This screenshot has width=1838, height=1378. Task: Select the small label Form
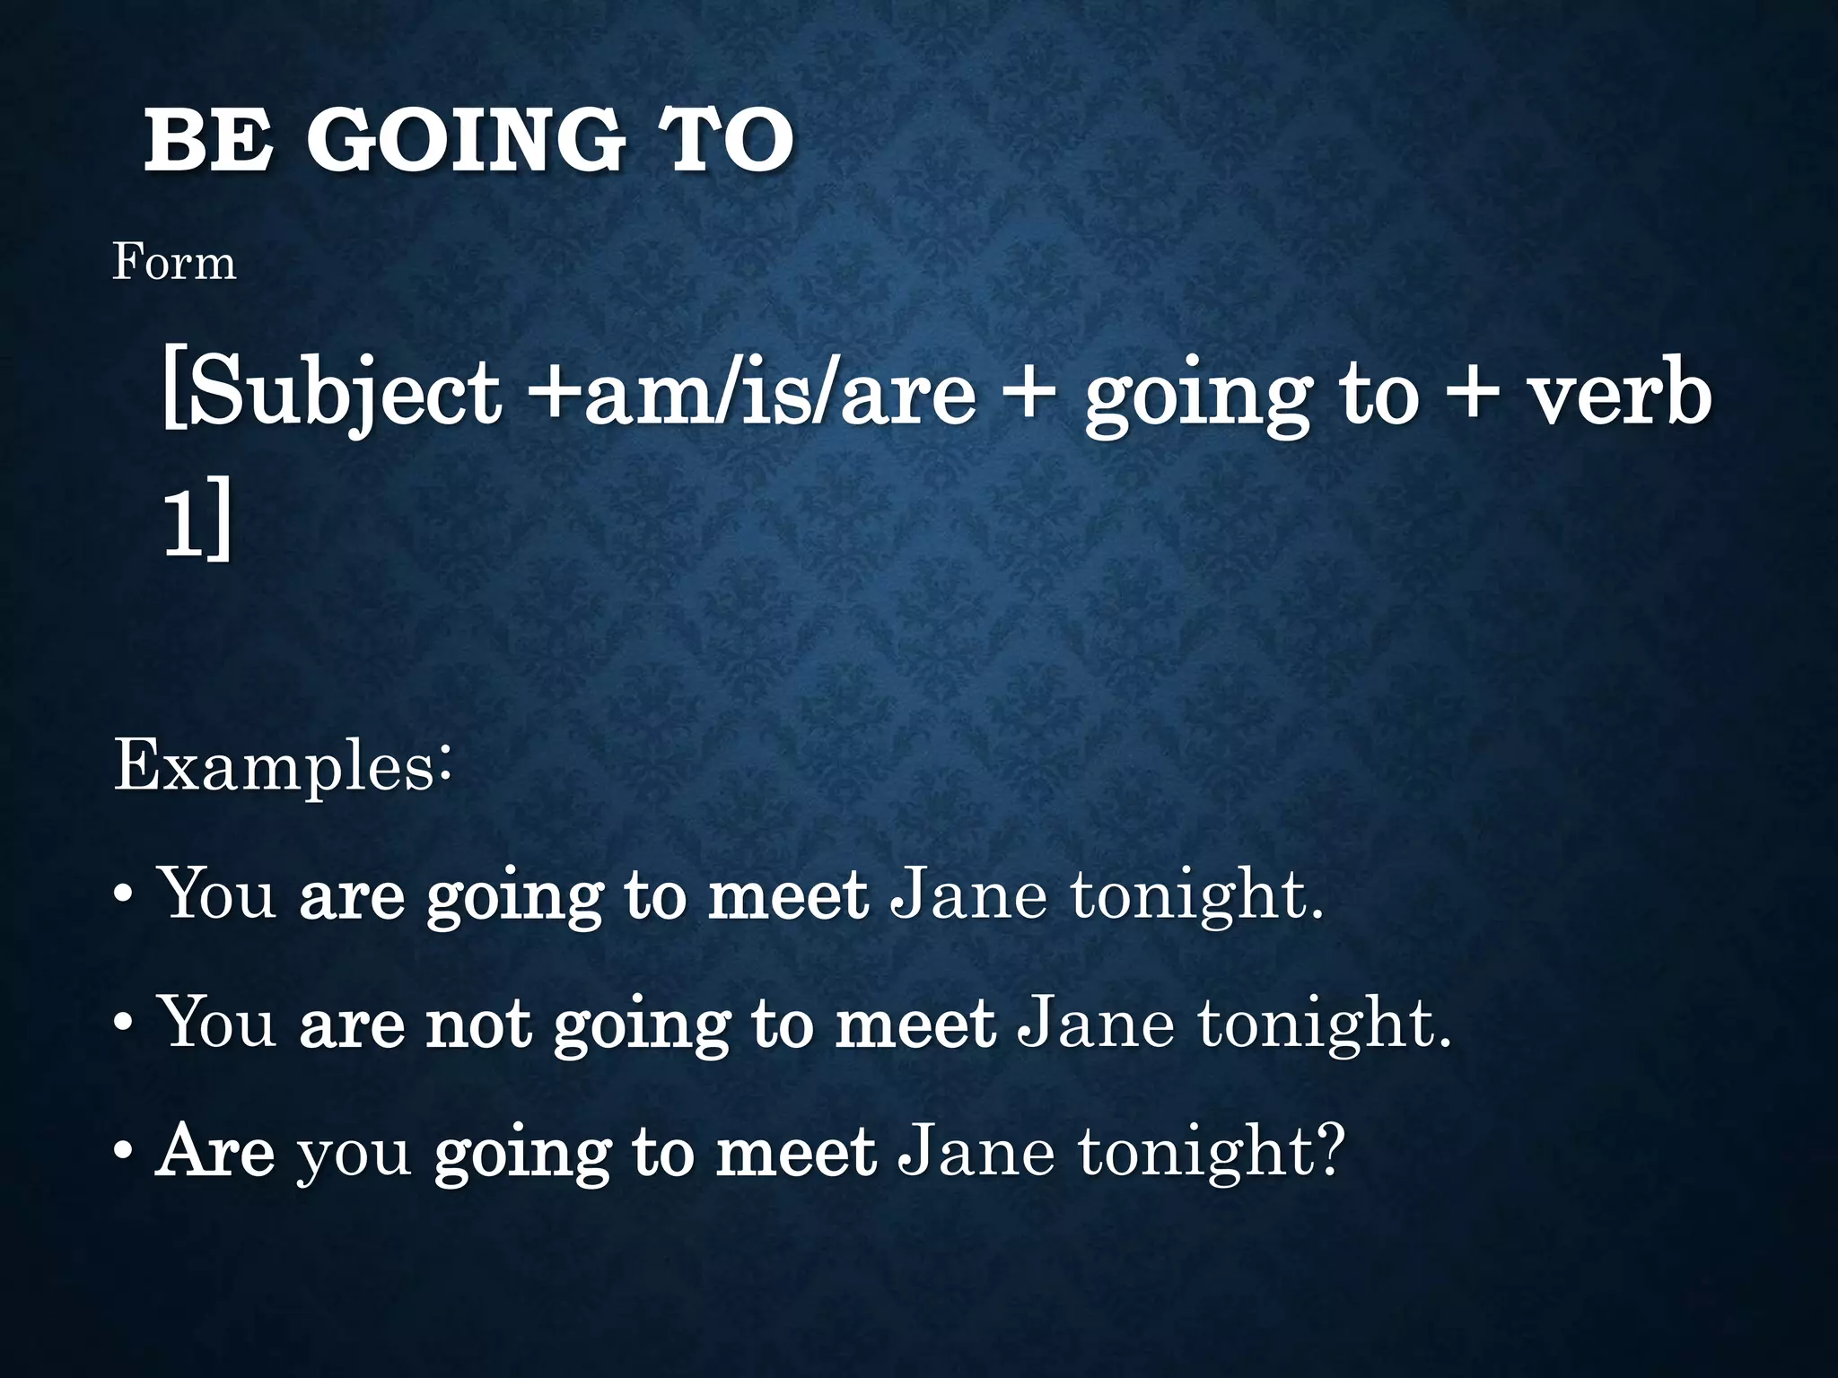[x=174, y=263]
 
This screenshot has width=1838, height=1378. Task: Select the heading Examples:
[x=282, y=766]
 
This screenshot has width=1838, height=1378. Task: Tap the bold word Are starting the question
[x=215, y=1151]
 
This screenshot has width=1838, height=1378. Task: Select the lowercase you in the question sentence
[x=354, y=1155]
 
